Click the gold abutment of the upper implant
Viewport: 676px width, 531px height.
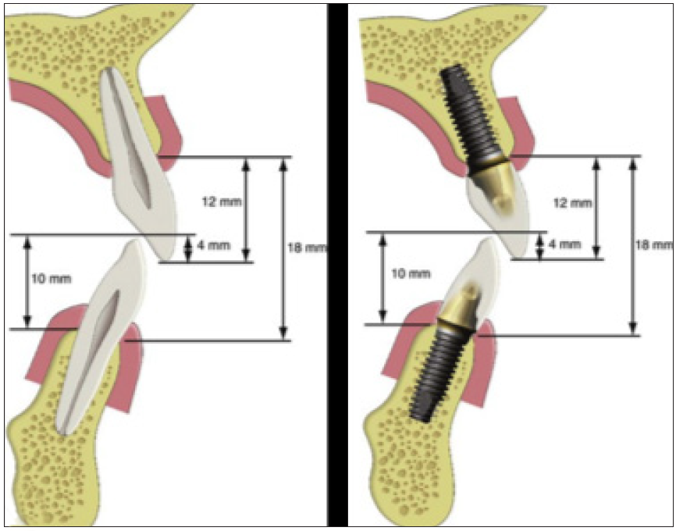tap(491, 184)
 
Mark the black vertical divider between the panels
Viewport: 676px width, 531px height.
tap(337, 265)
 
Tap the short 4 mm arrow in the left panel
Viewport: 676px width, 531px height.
tap(187, 248)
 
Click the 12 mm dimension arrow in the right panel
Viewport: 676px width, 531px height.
tap(596, 207)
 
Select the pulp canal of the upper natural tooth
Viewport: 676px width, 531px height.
tap(132, 141)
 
